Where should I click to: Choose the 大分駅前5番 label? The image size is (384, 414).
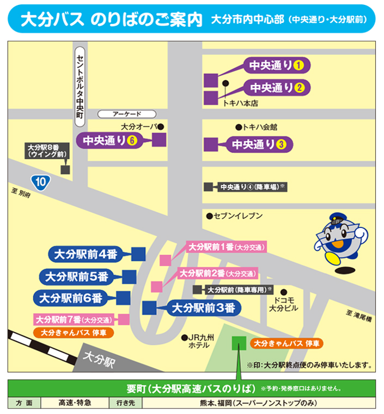tap(77, 277)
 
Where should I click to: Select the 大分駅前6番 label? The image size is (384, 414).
tap(69, 298)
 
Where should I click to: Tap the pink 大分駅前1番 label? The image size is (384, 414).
tap(225, 247)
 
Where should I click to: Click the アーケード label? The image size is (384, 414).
tap(126, 114)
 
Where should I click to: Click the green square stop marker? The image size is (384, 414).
tap(239, 343)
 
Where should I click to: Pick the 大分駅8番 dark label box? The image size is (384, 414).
tap(47, 151)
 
